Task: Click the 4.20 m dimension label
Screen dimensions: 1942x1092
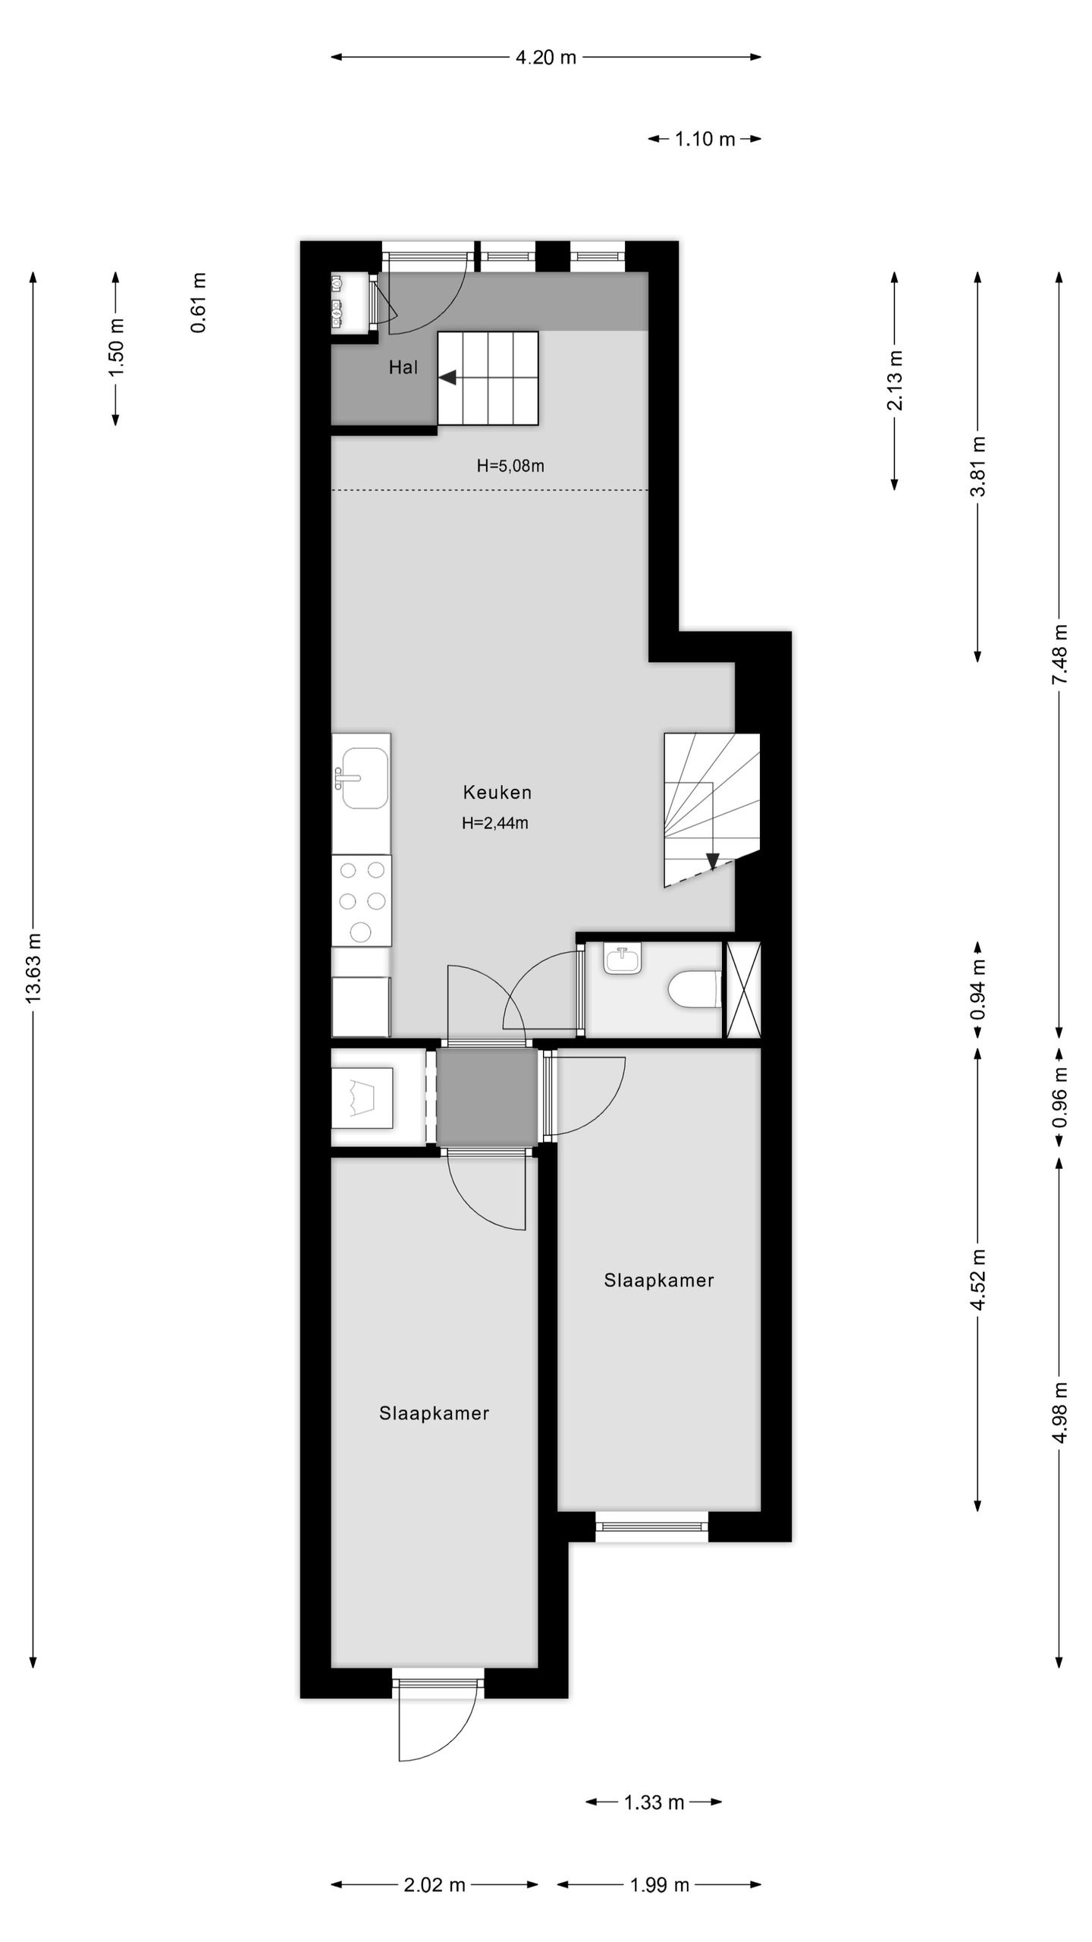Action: coord(545,58)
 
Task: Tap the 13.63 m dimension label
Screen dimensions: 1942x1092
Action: coord(34,968)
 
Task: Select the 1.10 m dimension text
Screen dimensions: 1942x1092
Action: coord(704,139)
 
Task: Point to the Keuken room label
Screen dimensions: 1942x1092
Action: coord(497,793)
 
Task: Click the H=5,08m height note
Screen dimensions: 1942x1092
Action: coord(510,466)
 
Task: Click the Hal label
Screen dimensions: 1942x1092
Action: coord(403,368)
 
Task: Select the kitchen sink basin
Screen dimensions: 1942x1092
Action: coord(365,778)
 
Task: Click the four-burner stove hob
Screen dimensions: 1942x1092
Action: coord(362,900)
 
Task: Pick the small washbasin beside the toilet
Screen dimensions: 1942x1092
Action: coord(623,958)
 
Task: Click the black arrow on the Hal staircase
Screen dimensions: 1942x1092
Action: coord(447,377)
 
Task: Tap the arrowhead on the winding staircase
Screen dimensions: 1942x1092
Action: coord(712,860)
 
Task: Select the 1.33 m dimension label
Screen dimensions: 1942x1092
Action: coord(654,1802)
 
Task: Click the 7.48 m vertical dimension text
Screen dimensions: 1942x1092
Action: coord(1059,654)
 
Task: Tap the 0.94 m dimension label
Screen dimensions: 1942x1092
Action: coord(978,989)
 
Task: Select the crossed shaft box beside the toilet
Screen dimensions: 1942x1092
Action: coord(743,989)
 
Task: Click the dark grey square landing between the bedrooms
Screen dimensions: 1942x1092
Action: coord(487,1096)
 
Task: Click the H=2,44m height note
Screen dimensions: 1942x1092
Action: coord(494,823)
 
